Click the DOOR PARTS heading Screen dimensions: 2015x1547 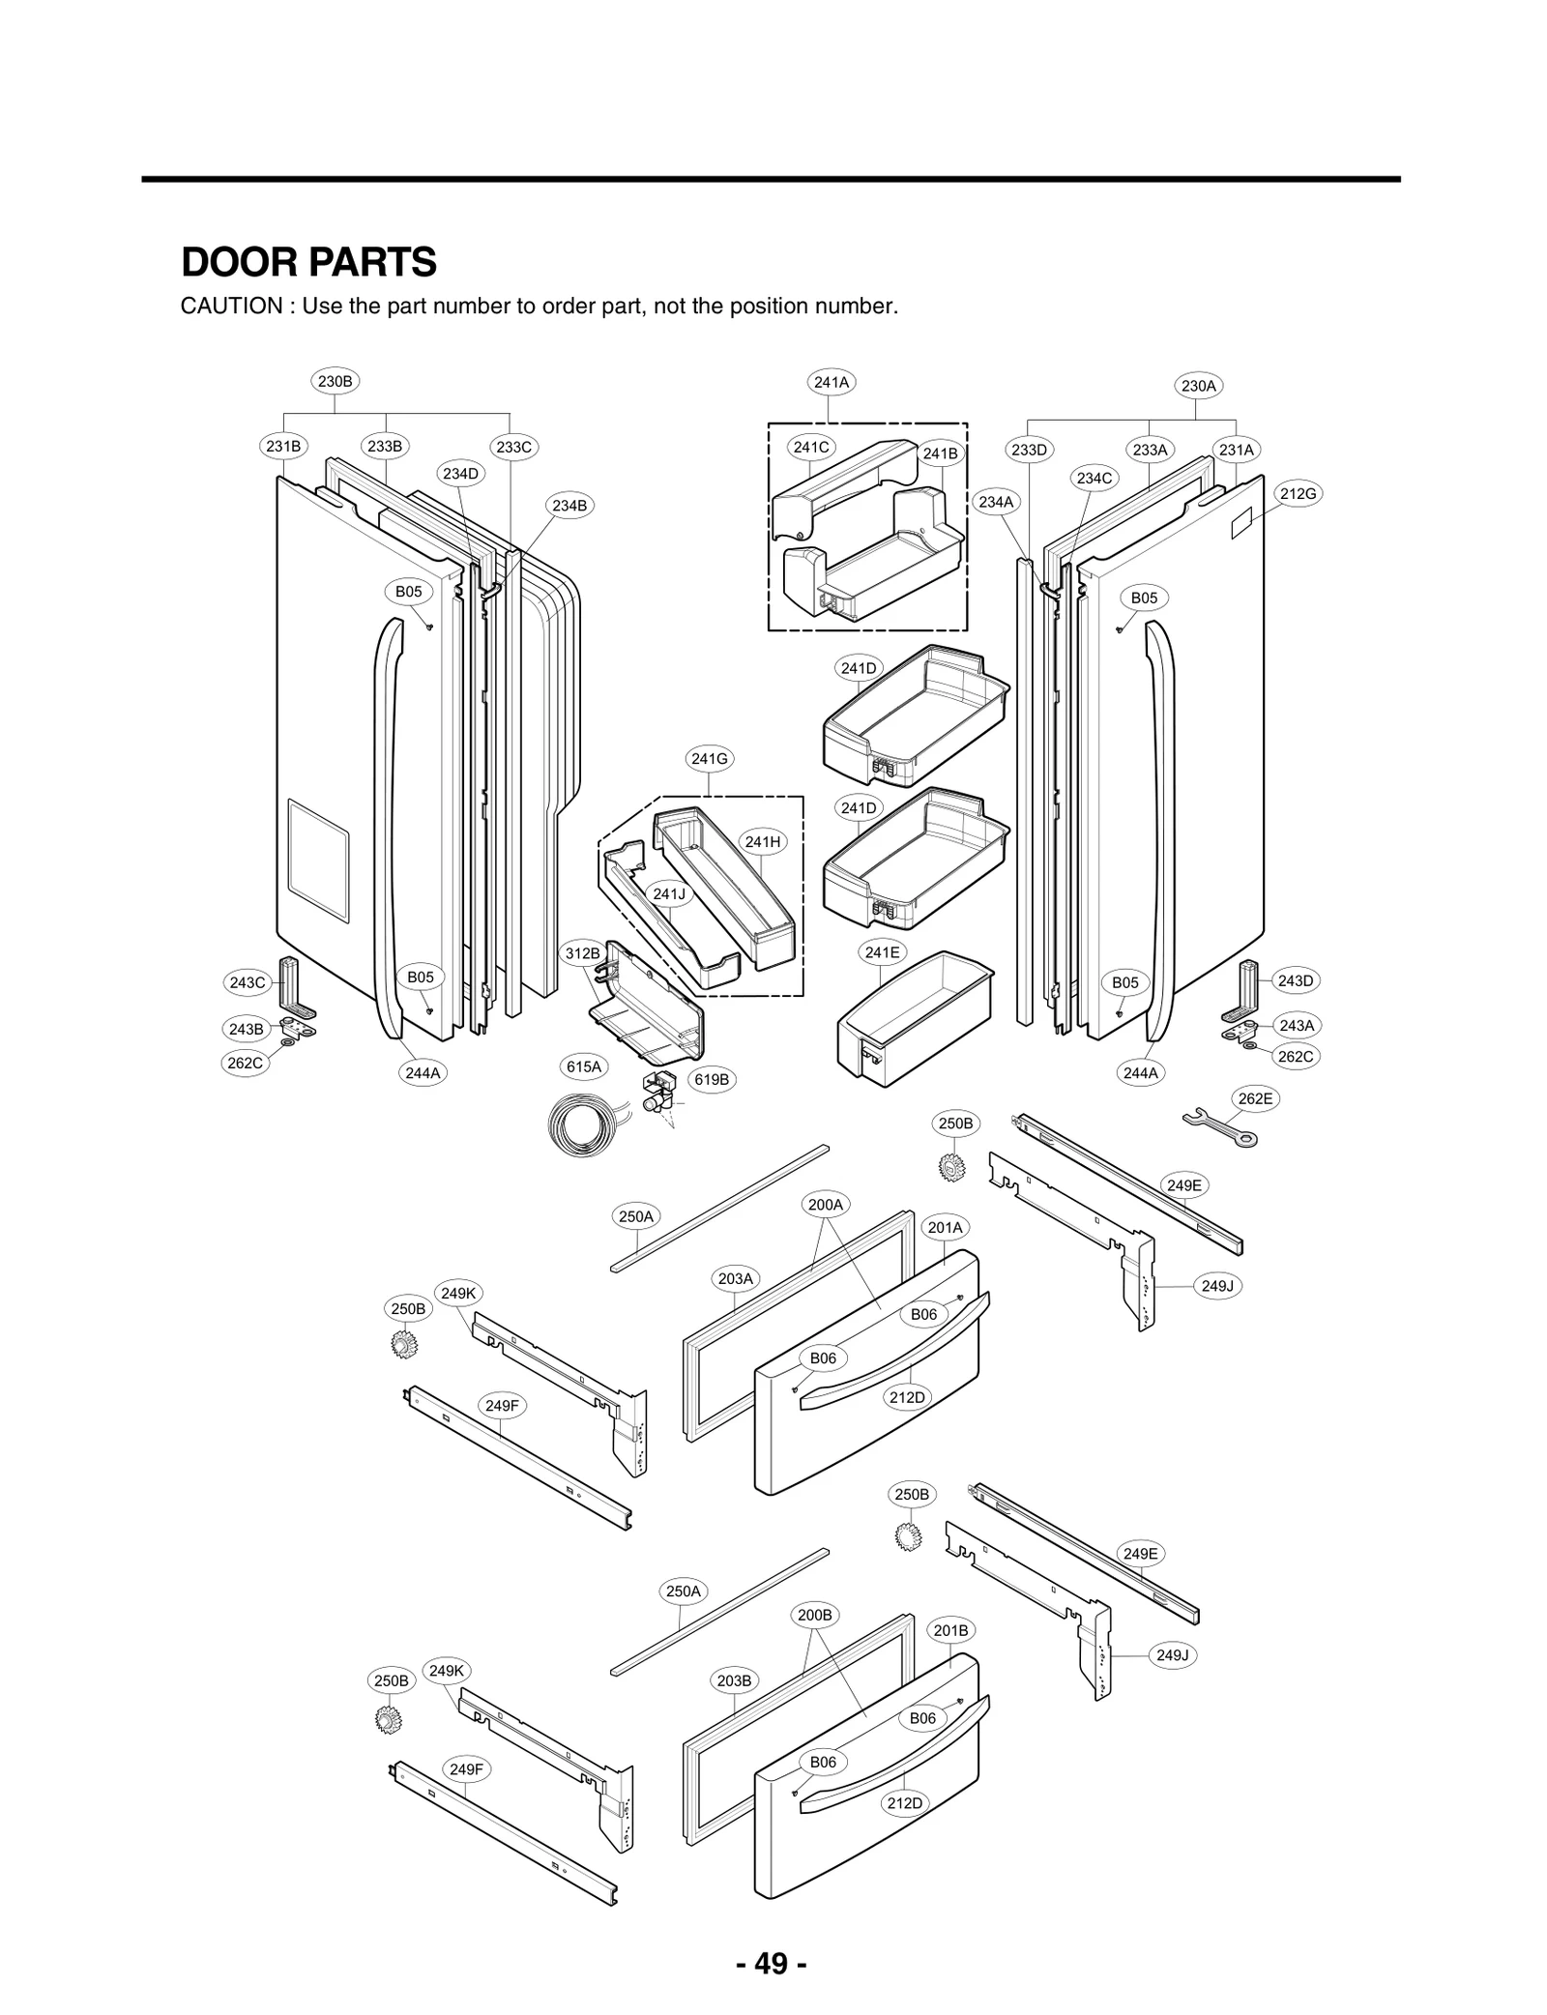(308, 262)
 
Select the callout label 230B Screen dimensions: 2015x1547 (336, 381)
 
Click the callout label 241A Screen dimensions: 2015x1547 (831, 382)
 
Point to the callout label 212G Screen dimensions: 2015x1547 (1298, 494)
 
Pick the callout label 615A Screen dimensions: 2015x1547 (584, 1066)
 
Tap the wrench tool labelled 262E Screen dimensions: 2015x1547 (1219, 1127)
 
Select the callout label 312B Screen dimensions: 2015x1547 (582, 953)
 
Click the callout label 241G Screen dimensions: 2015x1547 (709, 759)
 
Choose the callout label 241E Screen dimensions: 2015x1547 (882, 952)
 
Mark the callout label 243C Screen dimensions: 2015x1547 (247, 982)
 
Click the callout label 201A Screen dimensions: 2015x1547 (945, 1227)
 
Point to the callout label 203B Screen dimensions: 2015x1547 (734, 1680)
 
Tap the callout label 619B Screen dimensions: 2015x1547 (712, 1079)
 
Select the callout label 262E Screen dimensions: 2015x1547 (1255, 1098)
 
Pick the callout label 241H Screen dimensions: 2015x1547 (762, 842)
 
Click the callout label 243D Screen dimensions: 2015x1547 (1296, 980)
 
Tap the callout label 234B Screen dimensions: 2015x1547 (569, 506)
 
